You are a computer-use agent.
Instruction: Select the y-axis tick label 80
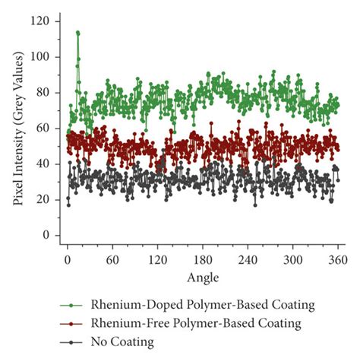coord(43,93)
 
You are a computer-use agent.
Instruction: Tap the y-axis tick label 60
coord(43,129)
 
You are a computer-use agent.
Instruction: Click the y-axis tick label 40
coord(43,164)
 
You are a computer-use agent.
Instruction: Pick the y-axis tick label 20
coord(43,200)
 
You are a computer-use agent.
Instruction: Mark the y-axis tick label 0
coord(46,236)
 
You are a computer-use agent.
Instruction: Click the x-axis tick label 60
coord(112,259)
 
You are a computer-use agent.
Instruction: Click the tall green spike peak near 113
coord(77,33)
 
